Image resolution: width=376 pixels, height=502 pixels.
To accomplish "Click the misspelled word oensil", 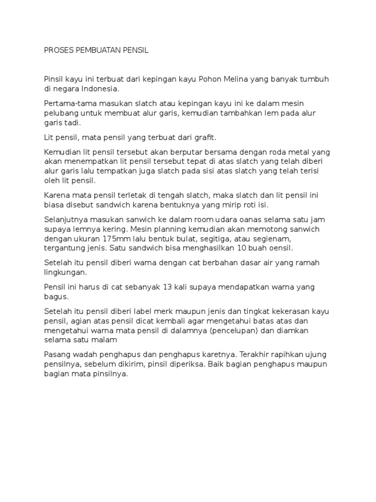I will (279, 248).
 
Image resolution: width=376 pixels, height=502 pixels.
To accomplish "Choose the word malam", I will (106, 339).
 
